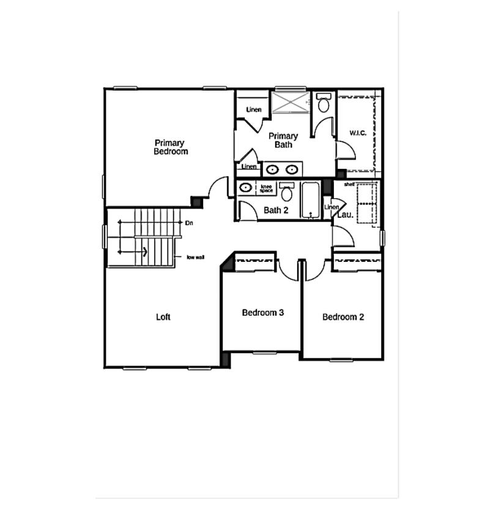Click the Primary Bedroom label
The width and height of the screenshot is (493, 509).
point(171,147)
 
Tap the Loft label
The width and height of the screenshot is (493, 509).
point(163,317)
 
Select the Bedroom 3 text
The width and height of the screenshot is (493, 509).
point(262,313)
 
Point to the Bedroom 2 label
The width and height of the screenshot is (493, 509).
point(343,317)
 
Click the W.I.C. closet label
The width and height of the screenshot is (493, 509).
point(358,133)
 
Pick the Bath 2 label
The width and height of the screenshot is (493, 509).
point(276,210)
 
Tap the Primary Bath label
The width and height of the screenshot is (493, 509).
point(283,140)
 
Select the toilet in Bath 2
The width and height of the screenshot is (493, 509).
point(286,193)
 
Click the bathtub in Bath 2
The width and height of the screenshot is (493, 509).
point(310,199)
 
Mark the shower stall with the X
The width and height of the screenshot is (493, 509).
point(291,102)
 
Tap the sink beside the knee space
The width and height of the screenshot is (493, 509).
point(245,187)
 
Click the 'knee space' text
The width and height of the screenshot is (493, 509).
point(267,188)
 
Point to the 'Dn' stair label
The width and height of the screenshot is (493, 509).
point(189,223)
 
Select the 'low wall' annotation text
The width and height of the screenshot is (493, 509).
point(196,257)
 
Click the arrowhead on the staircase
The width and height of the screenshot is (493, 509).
point(144,251)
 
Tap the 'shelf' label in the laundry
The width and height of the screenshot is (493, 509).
point(349,184)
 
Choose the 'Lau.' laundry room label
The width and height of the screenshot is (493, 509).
point(344,215)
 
